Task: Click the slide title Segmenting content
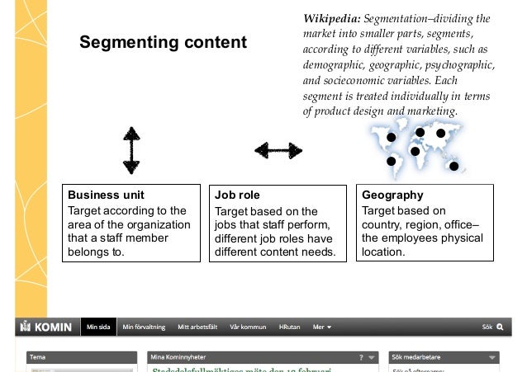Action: point(163,42)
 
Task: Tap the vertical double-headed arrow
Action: point(131,150)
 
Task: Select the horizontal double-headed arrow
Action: point(278,150)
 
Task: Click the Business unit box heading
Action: point(106,195)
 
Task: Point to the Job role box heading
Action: point(237,195)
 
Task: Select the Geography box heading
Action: point(392,195)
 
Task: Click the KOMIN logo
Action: point(49,327)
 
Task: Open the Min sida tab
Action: point(99,327)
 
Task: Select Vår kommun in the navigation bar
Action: point(248,327)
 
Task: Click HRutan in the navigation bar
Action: point(289,327)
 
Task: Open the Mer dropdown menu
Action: point(322,327)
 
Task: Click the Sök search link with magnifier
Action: point(492,327)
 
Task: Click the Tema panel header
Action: point(40,358)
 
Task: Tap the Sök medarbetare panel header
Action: point(421,358)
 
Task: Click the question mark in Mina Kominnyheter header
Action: point(361,358)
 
